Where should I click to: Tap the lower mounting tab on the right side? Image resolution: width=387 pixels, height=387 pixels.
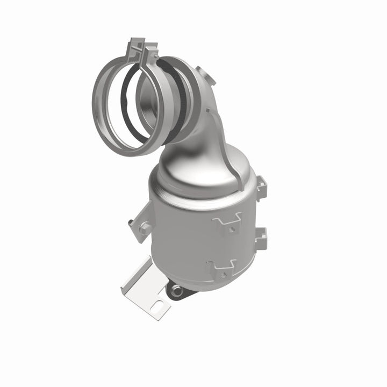[261, 237]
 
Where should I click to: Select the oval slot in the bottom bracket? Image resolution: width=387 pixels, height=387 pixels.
[159, 308]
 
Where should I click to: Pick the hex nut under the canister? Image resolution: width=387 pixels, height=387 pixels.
[176, 292]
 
